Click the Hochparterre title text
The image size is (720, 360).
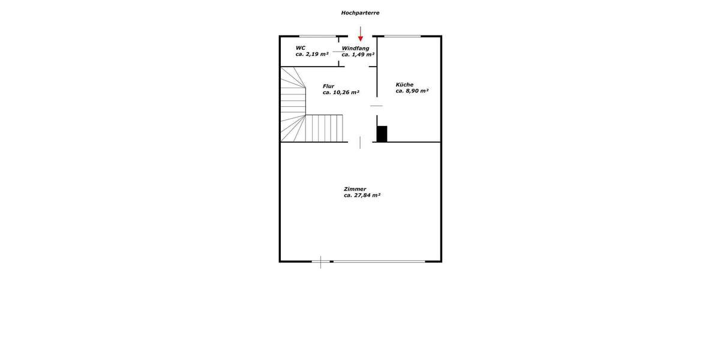click(x=360, y=13)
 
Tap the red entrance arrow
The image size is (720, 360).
click(x=361, y=34)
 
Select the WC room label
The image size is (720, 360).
click(x=301, y=47)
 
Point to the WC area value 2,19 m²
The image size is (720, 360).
click(x=312, y=55)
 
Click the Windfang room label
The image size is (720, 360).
click(x=355, y=47)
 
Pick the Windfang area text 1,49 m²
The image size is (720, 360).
click(x=358, y=55)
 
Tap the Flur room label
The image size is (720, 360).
click(x=328, y=86)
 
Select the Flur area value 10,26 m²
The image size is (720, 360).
click(x=341, y=93)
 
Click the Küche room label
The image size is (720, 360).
click(x=404, y=85)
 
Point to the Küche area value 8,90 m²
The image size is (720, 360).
click(x=412, y=91)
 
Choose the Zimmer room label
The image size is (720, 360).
click(x=355, y=189)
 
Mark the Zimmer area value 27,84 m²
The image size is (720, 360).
click(x=362, y=196)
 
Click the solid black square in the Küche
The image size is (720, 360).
click(x=382, y=134)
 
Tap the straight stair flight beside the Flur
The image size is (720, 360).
click(x=325, y=128)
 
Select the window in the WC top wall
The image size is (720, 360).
click(x=317, y=37)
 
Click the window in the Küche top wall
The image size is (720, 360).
click(x=402, y=37)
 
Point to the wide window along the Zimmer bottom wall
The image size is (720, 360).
click(x=379, y=261)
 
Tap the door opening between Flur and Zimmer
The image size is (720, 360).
click(x=360, y=142)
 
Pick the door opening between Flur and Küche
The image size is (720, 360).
click(x=376, y=106)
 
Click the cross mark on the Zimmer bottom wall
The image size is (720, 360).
click(x=321, y=262)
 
